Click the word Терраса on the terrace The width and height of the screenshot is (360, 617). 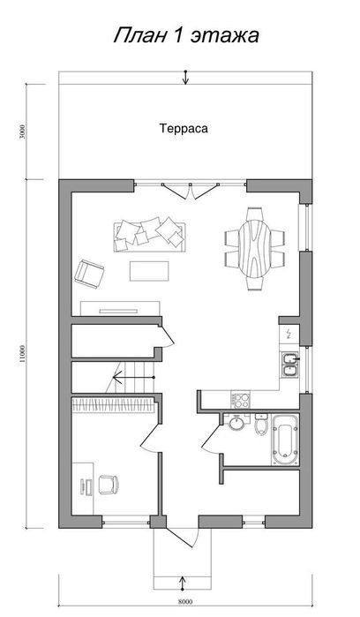click(x=184, y=128)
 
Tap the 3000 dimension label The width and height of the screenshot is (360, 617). click(x=22, y=132)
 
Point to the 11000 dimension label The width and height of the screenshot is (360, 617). click(x=22, y=354)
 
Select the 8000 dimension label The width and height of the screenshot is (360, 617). click(x=185, y=602)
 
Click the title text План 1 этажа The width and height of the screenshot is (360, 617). click(x=186, y=35)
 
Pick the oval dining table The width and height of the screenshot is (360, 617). click(x=254, y=249)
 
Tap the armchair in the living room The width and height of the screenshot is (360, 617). click(x=89, y=274)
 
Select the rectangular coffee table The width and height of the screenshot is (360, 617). click(x=149, y=271)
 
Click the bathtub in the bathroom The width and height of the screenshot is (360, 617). click(x=285, y=440)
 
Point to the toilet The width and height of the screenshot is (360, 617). click(x=261, y=425)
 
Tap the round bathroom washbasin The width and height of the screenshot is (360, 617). click(x=236, y=424)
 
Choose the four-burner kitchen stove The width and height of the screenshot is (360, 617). click(x=240, y=400)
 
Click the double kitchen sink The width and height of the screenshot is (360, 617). click(x=290, y=365)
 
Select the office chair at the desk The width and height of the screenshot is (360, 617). click(x=108, y=485)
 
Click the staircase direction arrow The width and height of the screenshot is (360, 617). click(x=134, y=378)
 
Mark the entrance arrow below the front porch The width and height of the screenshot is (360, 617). click(x=183, y=583)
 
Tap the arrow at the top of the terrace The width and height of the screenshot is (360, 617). click(x=185, y=78)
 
